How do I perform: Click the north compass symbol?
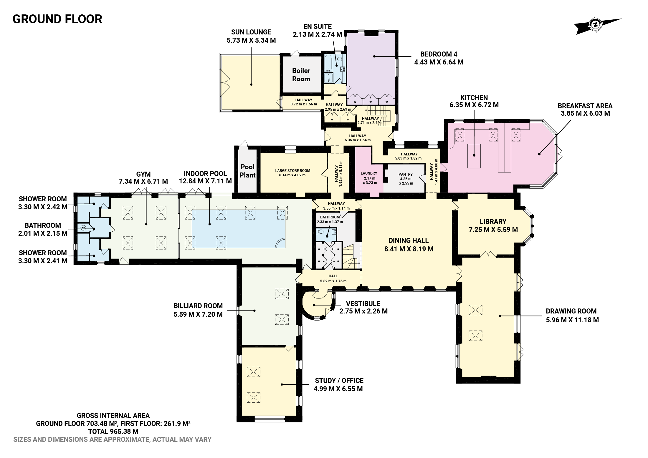point(596,25)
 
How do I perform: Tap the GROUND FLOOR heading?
point(57,19)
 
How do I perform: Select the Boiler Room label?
point(301,75)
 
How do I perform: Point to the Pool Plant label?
point(247,171)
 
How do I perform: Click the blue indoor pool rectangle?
point(238,229)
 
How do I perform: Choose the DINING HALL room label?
point(409,240)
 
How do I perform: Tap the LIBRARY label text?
point(493,222)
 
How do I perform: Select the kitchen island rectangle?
point(474,156)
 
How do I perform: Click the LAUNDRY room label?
point(369,173)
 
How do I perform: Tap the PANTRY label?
point(406,175)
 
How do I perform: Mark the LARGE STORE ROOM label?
point(292,171)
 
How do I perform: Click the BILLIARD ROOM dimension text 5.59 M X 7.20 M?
point(198,314)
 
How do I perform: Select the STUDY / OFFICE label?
point(339,381)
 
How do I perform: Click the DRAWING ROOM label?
point(571,311)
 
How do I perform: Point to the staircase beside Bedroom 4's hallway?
point(378,115)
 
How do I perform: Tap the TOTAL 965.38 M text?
point(113,432)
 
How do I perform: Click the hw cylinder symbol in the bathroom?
point(83,227)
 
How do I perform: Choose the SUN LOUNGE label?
point(251,32)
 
